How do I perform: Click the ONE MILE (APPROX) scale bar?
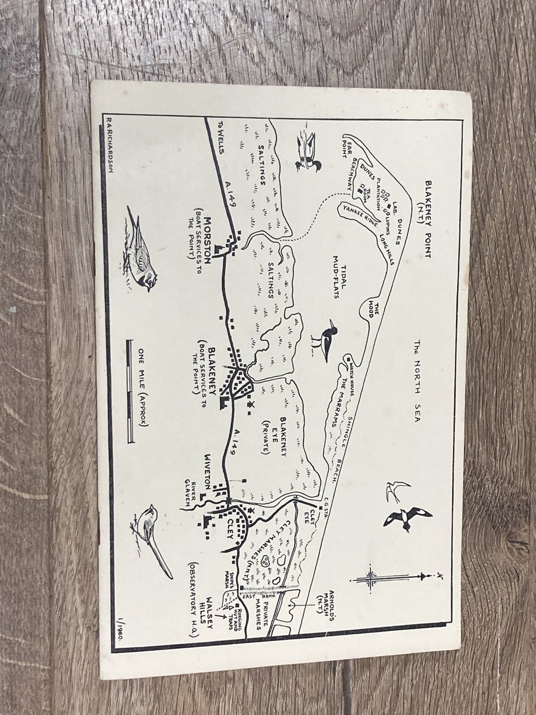tap(132, 391)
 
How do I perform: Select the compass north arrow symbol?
tap(387, 578)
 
